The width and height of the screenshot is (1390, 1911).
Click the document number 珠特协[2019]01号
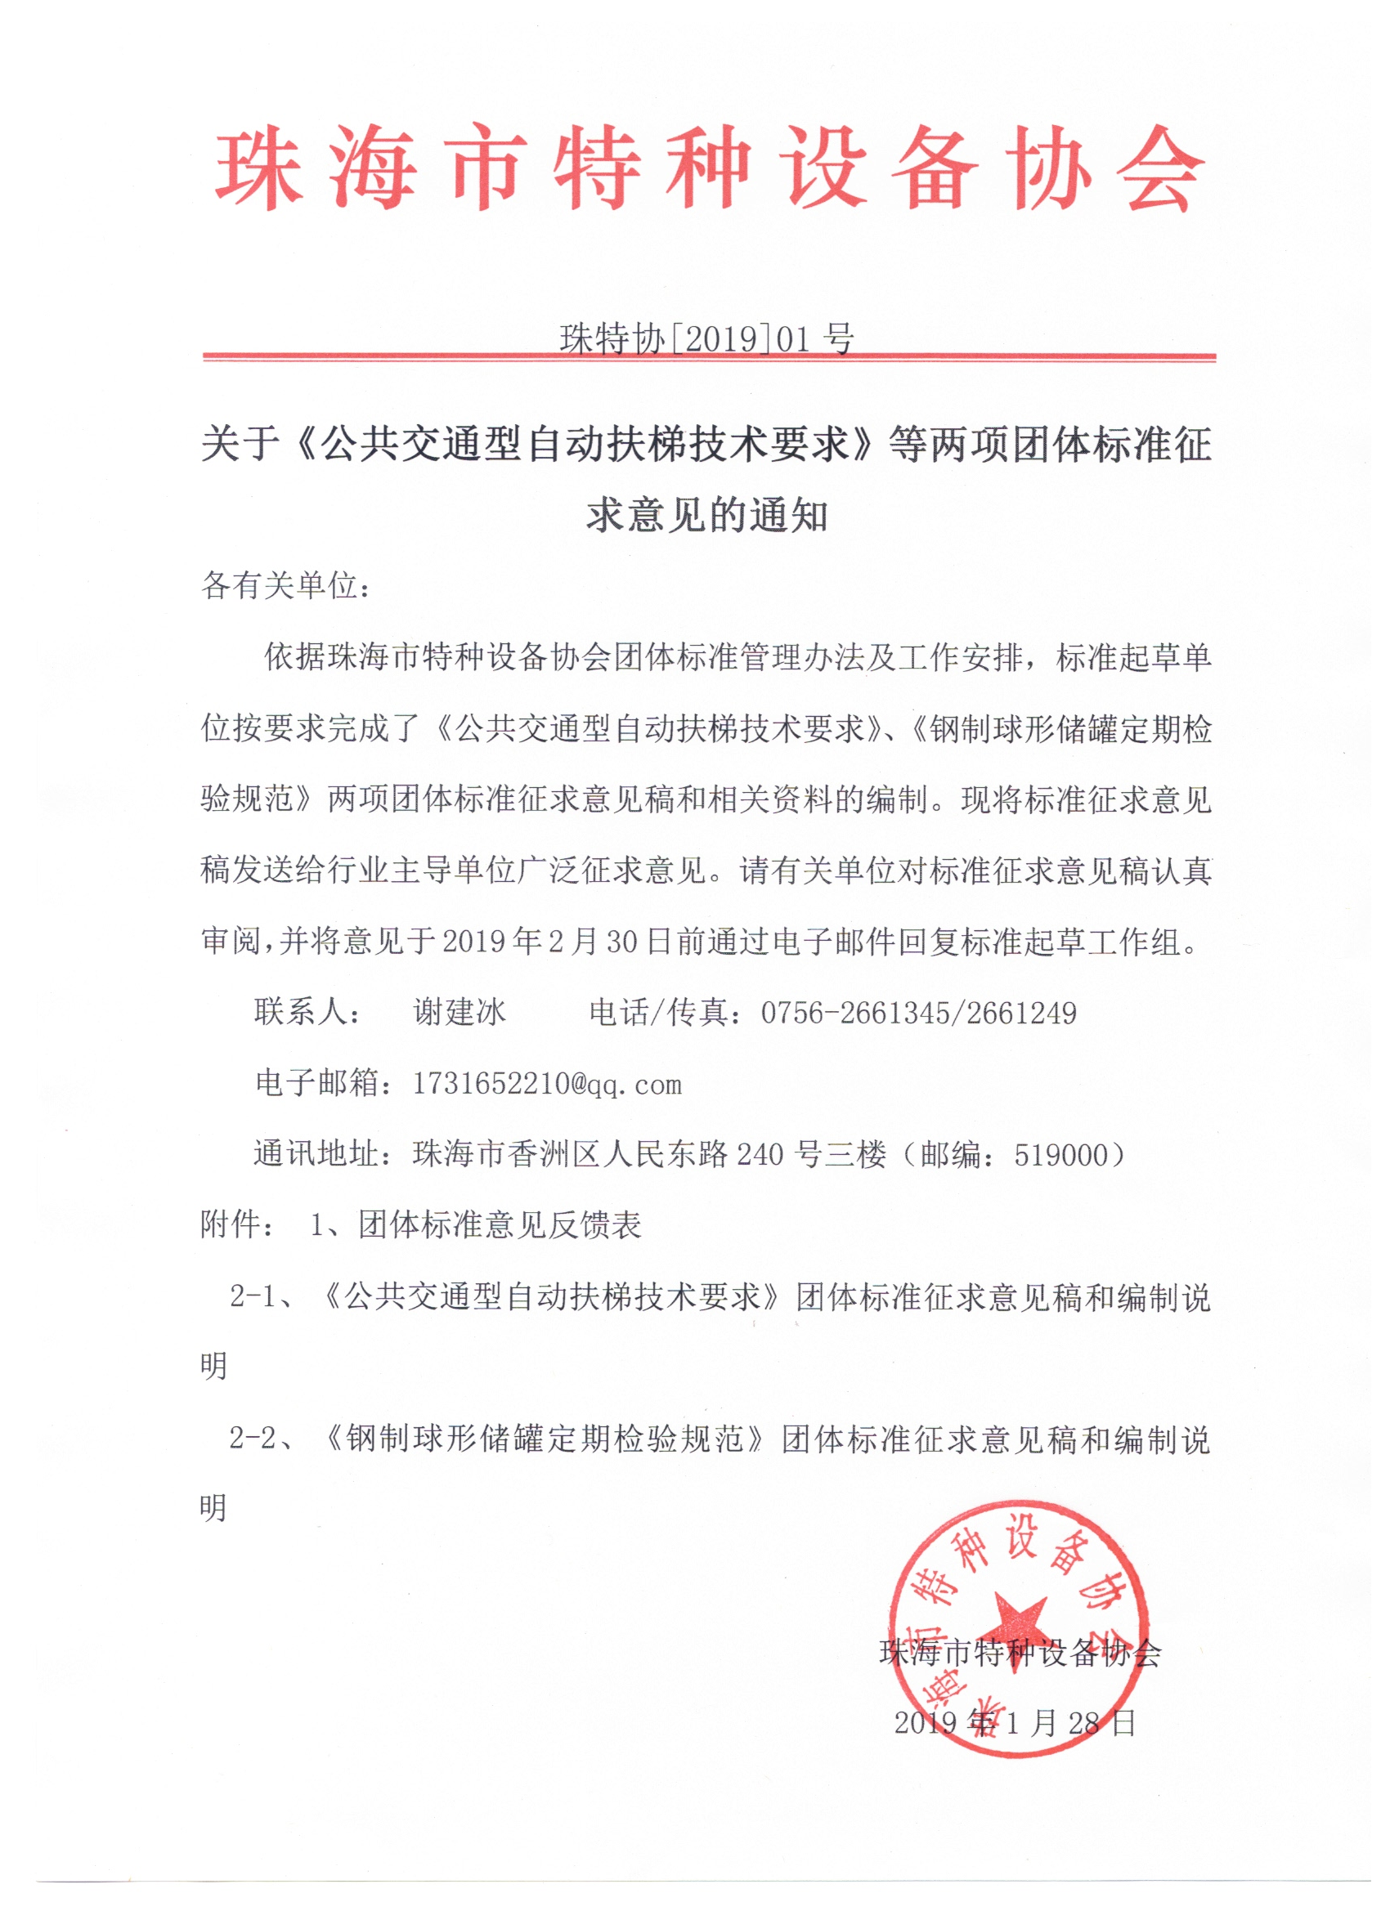tap(706, 338)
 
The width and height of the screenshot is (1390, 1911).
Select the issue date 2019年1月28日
tap(1015, 1722)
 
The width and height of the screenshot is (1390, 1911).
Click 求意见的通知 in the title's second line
tap(706, 515)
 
